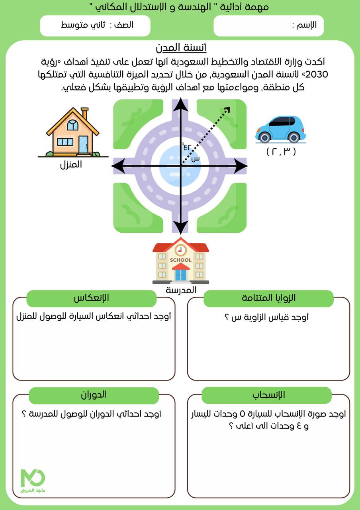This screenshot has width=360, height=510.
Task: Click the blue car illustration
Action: coord(280,129)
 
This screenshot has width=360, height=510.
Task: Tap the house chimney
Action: coord(84,113)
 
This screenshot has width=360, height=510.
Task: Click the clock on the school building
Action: coord(180,250)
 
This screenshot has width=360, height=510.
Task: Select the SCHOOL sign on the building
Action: coord(181,260)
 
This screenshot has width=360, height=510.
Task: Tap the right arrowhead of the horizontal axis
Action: coord(241,166)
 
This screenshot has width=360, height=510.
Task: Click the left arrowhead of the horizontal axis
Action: coord(120,166)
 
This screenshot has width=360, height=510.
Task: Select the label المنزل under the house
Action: coord(71,164)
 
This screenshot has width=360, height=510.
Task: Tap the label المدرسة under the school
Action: coord(181,290)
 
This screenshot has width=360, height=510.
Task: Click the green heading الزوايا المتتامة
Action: coord(268,298)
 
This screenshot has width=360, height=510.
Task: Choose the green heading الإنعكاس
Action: coord(91,298)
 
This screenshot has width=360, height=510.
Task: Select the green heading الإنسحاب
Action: coord(266,395)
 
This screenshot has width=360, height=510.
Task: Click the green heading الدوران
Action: coord(94,395)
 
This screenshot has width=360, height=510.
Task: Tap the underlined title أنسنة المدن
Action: coord(181,49)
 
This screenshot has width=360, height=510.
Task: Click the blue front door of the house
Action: coord(83,144)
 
